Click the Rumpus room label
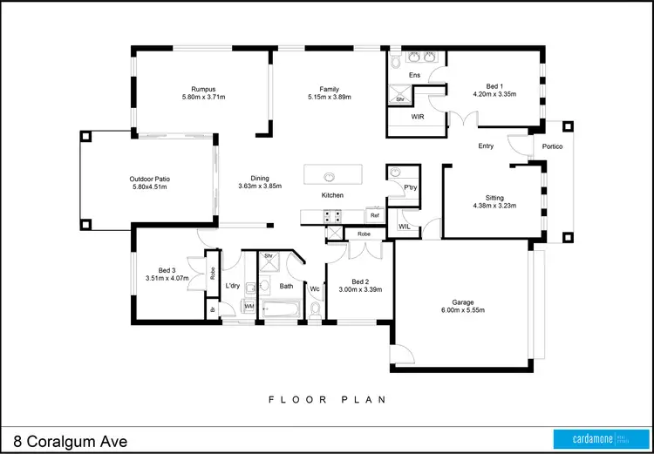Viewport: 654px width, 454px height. click(203, 88)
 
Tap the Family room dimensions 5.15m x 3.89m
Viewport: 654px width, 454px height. click(329, 98)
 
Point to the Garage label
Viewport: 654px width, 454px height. click(460, 301)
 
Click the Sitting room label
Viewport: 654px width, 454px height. click(494, 198)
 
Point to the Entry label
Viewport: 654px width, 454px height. click(487, 146)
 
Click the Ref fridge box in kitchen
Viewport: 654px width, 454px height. click(374, 214)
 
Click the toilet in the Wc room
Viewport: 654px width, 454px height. click(316, 307)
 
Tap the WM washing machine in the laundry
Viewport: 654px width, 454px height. click(249, 306)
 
